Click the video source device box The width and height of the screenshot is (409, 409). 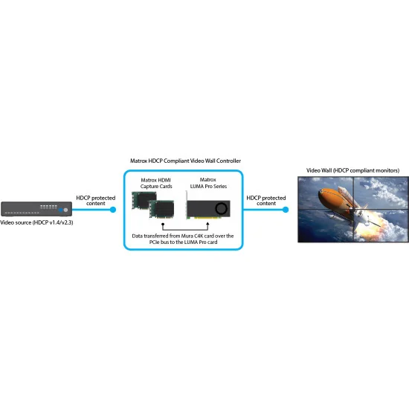[36, 209]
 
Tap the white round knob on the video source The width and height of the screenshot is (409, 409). [65, 210]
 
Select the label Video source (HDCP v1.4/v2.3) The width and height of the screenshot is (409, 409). [36, 222]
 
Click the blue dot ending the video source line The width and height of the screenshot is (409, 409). [113, 210]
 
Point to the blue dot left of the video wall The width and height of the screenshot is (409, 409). [286, 210]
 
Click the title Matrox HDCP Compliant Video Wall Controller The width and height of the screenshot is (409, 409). [185, 161]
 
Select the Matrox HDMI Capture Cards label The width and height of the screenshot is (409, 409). [156, 183]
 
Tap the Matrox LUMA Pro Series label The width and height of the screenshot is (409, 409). [208, 183]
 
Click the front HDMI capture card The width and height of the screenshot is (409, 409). [161, 209]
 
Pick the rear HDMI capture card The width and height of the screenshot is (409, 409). [144, 200]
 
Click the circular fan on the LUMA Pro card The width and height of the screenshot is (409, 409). [221, 208]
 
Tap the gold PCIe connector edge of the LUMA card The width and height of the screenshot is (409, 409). [203, 218]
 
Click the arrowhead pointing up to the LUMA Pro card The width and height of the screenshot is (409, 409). [207, 224]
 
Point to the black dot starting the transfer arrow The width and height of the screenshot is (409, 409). [163, 224]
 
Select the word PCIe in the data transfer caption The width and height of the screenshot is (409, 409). [154, 242]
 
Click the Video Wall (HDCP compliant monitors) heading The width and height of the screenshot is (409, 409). [352, 170]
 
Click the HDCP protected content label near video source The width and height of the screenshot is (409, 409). [96, 201]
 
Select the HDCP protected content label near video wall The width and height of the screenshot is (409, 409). [266, 201]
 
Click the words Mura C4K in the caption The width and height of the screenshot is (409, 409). [193, 236]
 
